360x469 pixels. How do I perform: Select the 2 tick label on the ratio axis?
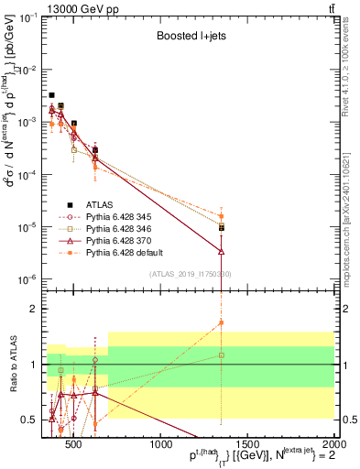(37, 309)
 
